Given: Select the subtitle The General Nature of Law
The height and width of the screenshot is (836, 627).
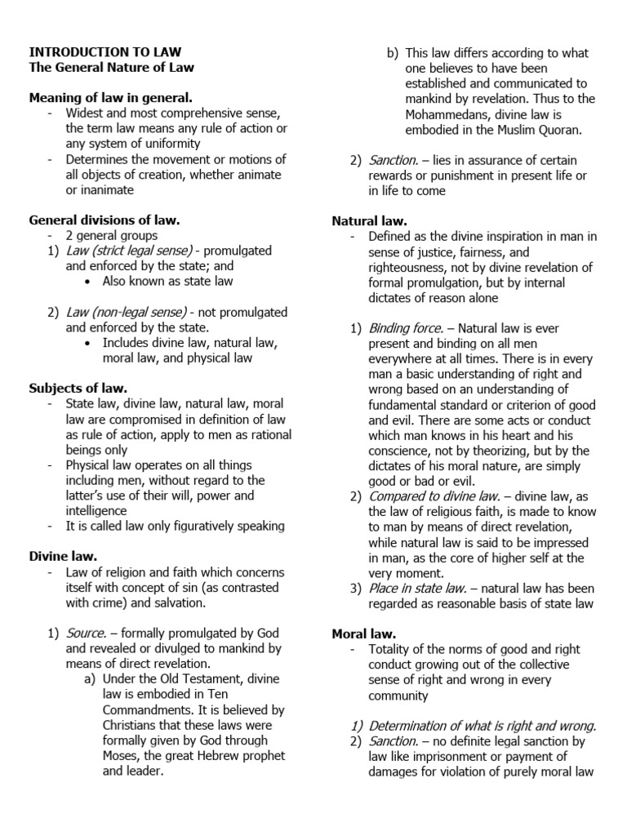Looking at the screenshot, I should (112, 68).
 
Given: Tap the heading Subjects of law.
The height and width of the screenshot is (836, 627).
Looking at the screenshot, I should (78, 388).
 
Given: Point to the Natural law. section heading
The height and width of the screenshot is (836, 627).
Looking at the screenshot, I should (369, 220).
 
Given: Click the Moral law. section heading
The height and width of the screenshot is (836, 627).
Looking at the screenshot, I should (364, 634).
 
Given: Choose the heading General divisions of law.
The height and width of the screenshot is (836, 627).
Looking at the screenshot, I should (104, 220).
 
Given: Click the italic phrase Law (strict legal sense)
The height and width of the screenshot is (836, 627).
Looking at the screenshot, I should (129, 251).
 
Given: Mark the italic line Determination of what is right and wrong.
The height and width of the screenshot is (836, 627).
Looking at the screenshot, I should (482, 726).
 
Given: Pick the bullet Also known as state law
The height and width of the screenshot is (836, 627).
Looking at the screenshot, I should (167, 281).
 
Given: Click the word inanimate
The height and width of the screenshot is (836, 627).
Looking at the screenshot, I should (105, 189).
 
